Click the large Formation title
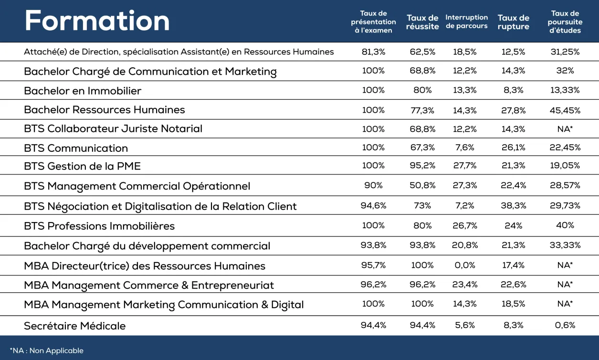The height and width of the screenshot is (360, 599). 97,21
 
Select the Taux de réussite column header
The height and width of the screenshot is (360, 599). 422,22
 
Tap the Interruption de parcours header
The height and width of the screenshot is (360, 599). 467,21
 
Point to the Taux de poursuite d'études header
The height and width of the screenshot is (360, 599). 565,21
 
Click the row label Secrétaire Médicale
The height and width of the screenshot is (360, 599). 74,326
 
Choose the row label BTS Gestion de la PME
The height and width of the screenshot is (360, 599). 82,166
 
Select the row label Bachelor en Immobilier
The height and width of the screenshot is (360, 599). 83,91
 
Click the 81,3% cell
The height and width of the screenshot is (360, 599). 373,52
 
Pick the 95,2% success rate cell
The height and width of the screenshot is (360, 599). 422,166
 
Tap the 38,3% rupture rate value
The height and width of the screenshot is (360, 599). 514,205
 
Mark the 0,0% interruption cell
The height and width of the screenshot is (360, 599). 465,265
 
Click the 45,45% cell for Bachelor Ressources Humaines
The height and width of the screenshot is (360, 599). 565,110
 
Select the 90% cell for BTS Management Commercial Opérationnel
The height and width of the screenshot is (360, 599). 373,185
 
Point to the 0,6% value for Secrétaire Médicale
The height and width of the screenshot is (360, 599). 565,325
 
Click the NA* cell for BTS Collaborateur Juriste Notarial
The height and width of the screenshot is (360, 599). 565,129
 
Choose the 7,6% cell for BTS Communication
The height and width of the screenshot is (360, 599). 465,148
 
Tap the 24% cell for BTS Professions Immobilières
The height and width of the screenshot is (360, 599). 514,225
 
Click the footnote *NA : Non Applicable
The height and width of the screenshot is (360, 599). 46,350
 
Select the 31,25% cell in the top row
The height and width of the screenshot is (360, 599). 565,52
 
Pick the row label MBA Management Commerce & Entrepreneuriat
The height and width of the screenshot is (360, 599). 149,285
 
